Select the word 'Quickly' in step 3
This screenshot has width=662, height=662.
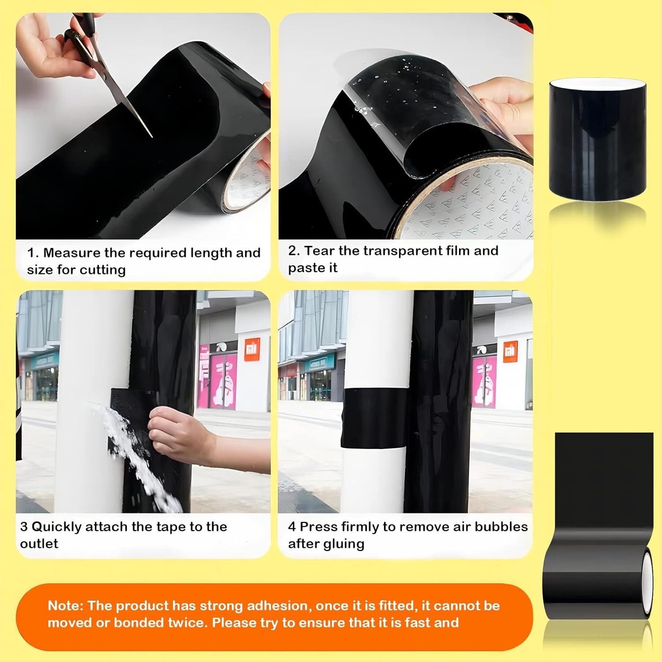[56, 527]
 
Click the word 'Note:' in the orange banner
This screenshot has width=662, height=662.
[65, 606]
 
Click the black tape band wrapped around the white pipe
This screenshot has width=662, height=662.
[374, 417]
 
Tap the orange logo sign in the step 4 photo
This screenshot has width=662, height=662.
[510, 351]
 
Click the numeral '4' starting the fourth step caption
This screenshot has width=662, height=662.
[292, 527]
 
